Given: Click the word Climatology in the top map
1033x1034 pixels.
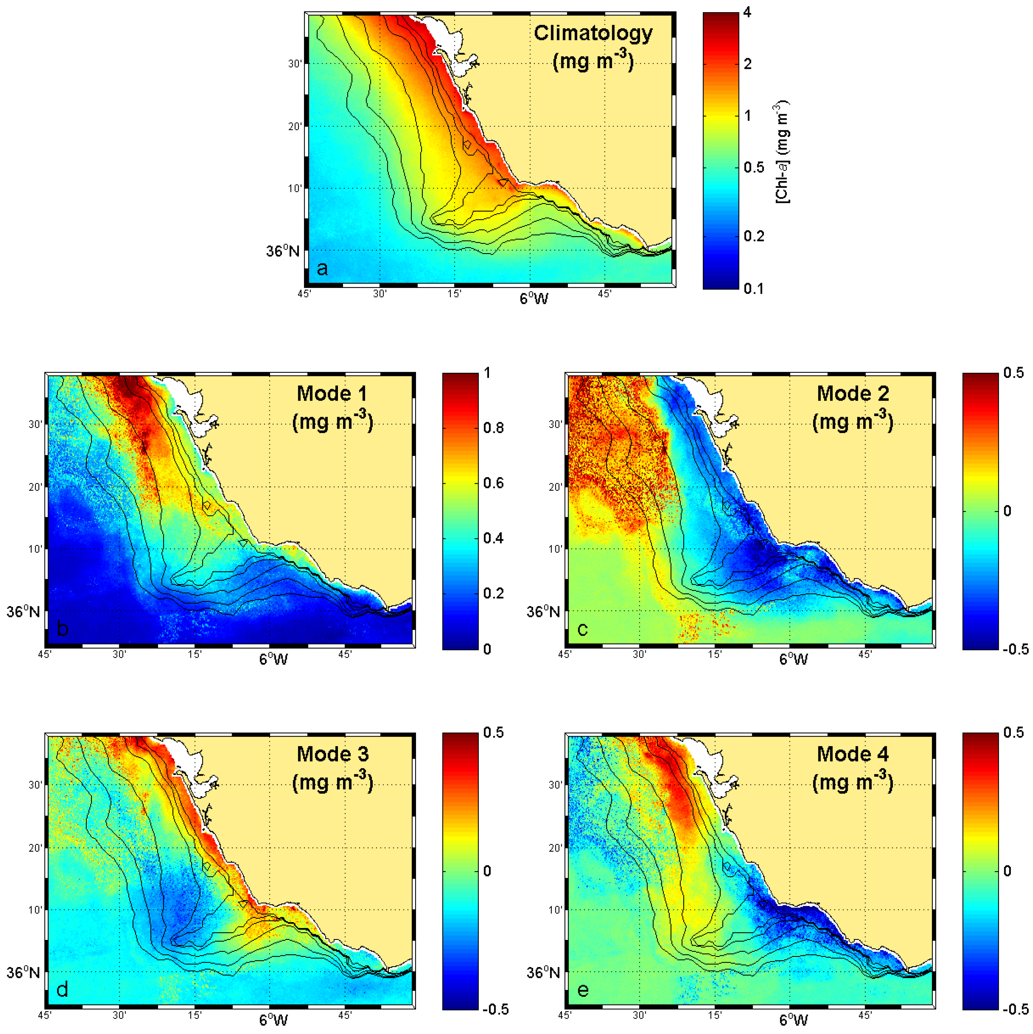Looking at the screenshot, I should pyautogui.click(x=593, y=33).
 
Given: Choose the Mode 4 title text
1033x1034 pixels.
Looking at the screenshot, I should pyautogui.click(x=853, y=754).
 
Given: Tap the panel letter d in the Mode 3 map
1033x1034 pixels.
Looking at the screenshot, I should pyautogui.click(x=62, y=990).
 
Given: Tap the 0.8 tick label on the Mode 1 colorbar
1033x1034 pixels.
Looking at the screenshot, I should pyautogui.click(x=493, y=428).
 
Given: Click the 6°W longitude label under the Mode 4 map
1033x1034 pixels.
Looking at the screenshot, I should pyautogui.click(x=793, y=1020).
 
